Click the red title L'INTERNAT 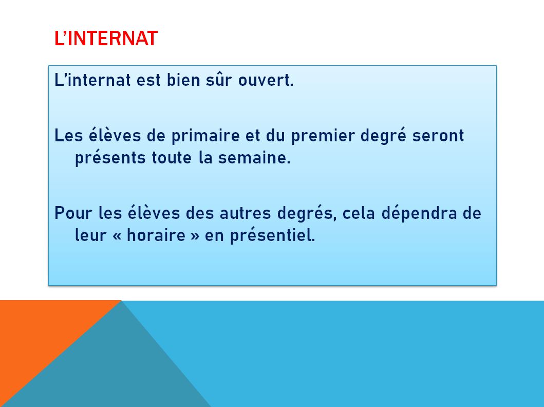point(106,38)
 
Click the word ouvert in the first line point(266,80)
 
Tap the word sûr point(218,80)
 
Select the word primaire point(206,136)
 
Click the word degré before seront point(383,135)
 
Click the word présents point(110,158)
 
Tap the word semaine point(254,158)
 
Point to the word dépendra point(419,213)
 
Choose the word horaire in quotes point(156,235)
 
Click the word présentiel point(273,235)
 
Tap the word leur point(90,235)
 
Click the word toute point(172,158)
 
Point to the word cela point(359,213)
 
